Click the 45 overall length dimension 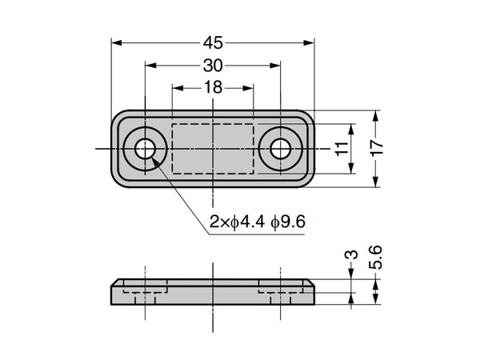(x=213, y=43)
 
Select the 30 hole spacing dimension (x=213, y=66)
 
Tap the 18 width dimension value (x=213, y=87)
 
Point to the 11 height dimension (x=342, y=149)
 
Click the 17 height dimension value (x=377, y=149)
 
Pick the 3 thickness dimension (x=353, y=254)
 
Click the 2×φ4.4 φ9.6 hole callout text (x=258, y=222)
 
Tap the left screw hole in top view (x=145, y=149)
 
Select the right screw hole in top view (x=281, y=149)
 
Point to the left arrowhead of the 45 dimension (x=117, y=43)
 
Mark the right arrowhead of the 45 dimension (x=309, y=43)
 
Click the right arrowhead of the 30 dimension (x=275, y=66)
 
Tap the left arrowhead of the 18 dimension (x=178, y=88)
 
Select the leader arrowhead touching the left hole (x=155, y=159)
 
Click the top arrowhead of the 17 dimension (x=377, y=115)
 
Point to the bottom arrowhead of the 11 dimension (x=351, y=168)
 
